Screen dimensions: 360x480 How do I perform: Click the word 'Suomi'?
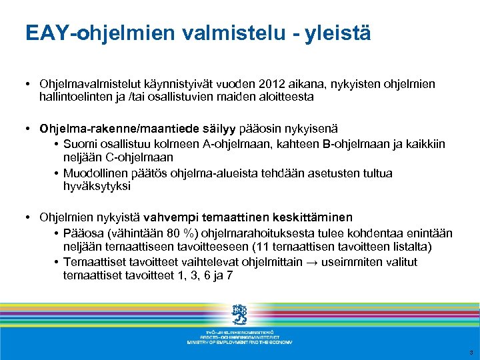pos(79,145)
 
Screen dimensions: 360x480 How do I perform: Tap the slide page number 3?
pos(470,353)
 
